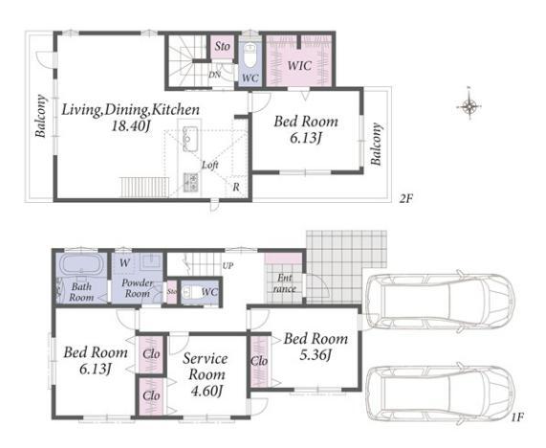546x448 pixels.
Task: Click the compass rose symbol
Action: [x=470, y=105]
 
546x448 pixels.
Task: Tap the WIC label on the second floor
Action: [x=299, y=65]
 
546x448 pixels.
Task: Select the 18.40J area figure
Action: [x=131, y=126]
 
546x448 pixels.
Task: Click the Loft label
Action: [x=210, y=165]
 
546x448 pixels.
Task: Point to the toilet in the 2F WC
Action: [x=250, y=56]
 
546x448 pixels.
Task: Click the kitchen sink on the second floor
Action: [x=190, y=139]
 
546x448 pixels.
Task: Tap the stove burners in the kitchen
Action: [x=191, y=182]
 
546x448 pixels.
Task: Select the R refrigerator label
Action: [x=236, y=188]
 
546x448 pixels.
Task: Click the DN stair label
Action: [x=214, y=75]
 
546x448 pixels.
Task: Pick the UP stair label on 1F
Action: [x=228, y=266]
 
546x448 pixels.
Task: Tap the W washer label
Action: [x=124, y=263]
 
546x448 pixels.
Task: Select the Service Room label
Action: [x=206, y=366]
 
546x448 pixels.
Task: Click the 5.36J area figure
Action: [x=316, y=355]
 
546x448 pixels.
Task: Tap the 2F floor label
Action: [x=405, y=199]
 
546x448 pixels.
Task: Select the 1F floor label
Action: [x=517, y=417]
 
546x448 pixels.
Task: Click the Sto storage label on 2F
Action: [x=222, y=46]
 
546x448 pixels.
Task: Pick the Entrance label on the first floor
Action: [x=284, y=283]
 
